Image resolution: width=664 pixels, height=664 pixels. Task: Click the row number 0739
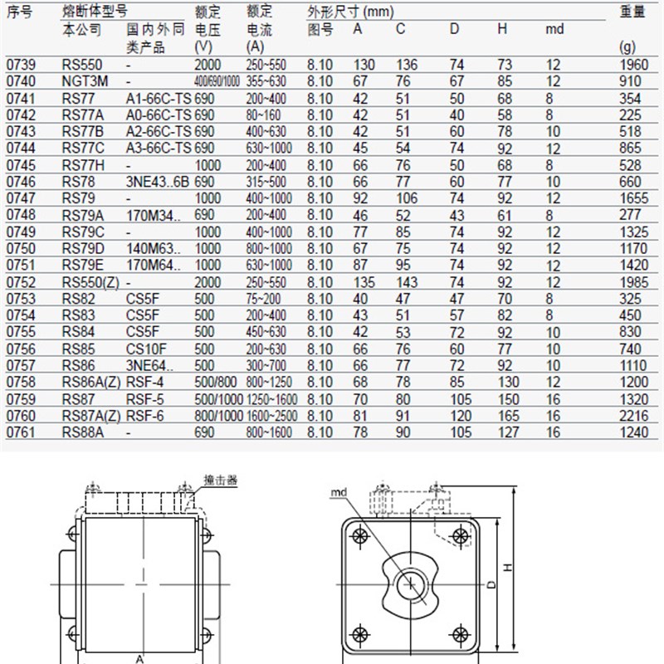click(20, 65)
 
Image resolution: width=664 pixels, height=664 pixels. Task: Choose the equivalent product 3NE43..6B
click(159, 182)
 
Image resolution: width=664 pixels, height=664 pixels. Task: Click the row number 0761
click(20, 432)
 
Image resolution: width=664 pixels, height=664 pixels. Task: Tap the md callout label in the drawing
click(338, 491)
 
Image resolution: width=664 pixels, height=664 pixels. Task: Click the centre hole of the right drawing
click(409, 584)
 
